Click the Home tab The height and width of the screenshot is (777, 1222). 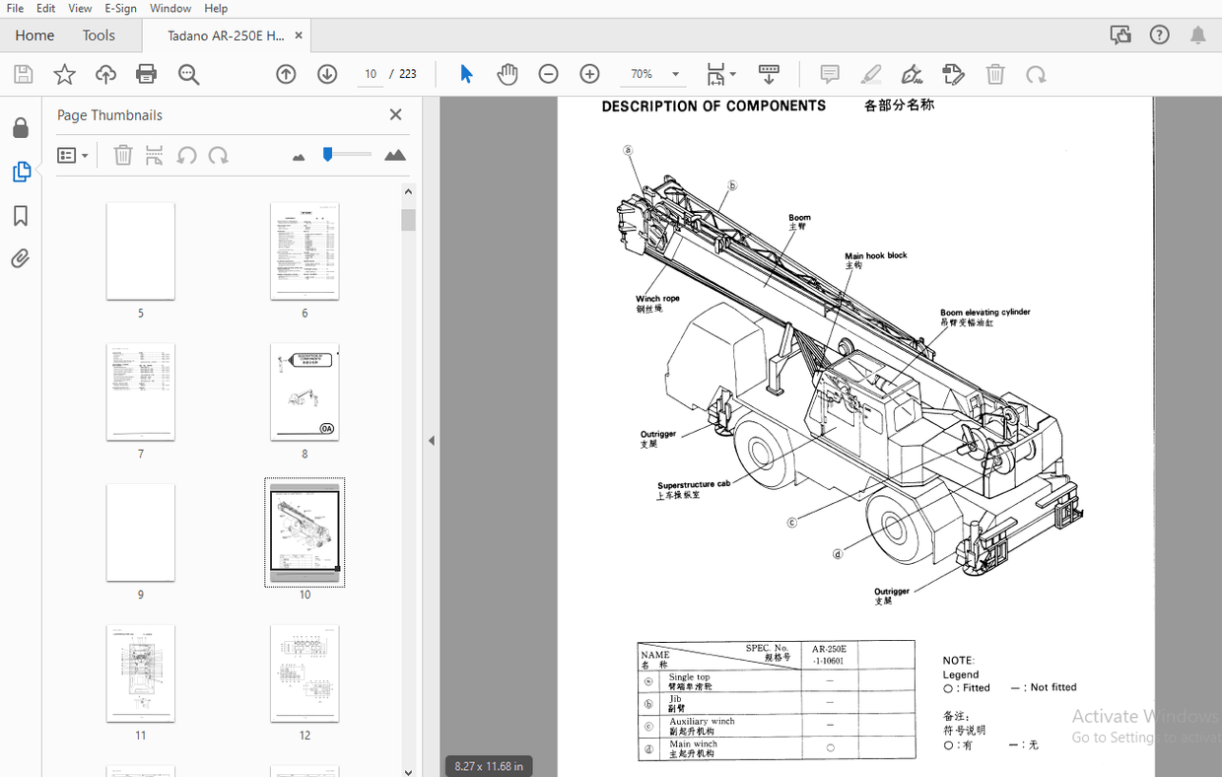[x=34, y=35]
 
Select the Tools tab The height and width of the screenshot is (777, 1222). [x=99, y=35]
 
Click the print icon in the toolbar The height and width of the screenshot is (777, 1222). [x=147, y=74]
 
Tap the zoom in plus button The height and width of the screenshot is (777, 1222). [x=589, y=74]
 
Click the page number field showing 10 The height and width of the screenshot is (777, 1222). [x=371, y=74]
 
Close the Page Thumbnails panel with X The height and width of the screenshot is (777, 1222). [x=395, y=114]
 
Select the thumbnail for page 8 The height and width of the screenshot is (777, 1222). [x=305, y=391]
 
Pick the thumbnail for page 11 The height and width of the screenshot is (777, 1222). [x=141, y=672]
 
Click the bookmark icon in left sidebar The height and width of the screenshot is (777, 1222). [x=20, y=216]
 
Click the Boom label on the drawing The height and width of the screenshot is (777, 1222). [x=799, y=218]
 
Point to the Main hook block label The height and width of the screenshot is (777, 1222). [x=875, y=255]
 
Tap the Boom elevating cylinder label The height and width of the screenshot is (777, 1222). [x=984, y=313]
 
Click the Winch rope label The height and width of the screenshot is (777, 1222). [x=657, y=299]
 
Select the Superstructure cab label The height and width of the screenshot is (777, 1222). [x=694, y=485]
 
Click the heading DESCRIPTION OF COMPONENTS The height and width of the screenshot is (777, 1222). [x=713, y=106]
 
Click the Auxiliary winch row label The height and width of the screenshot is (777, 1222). [x=702, y=722]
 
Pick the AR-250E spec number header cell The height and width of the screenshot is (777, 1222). [x=829, y=655]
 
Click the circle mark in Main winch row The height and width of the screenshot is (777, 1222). [x=830, y=748]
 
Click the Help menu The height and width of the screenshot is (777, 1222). [x=216, y=8]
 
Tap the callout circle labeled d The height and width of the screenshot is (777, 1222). [x=838, y=554]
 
